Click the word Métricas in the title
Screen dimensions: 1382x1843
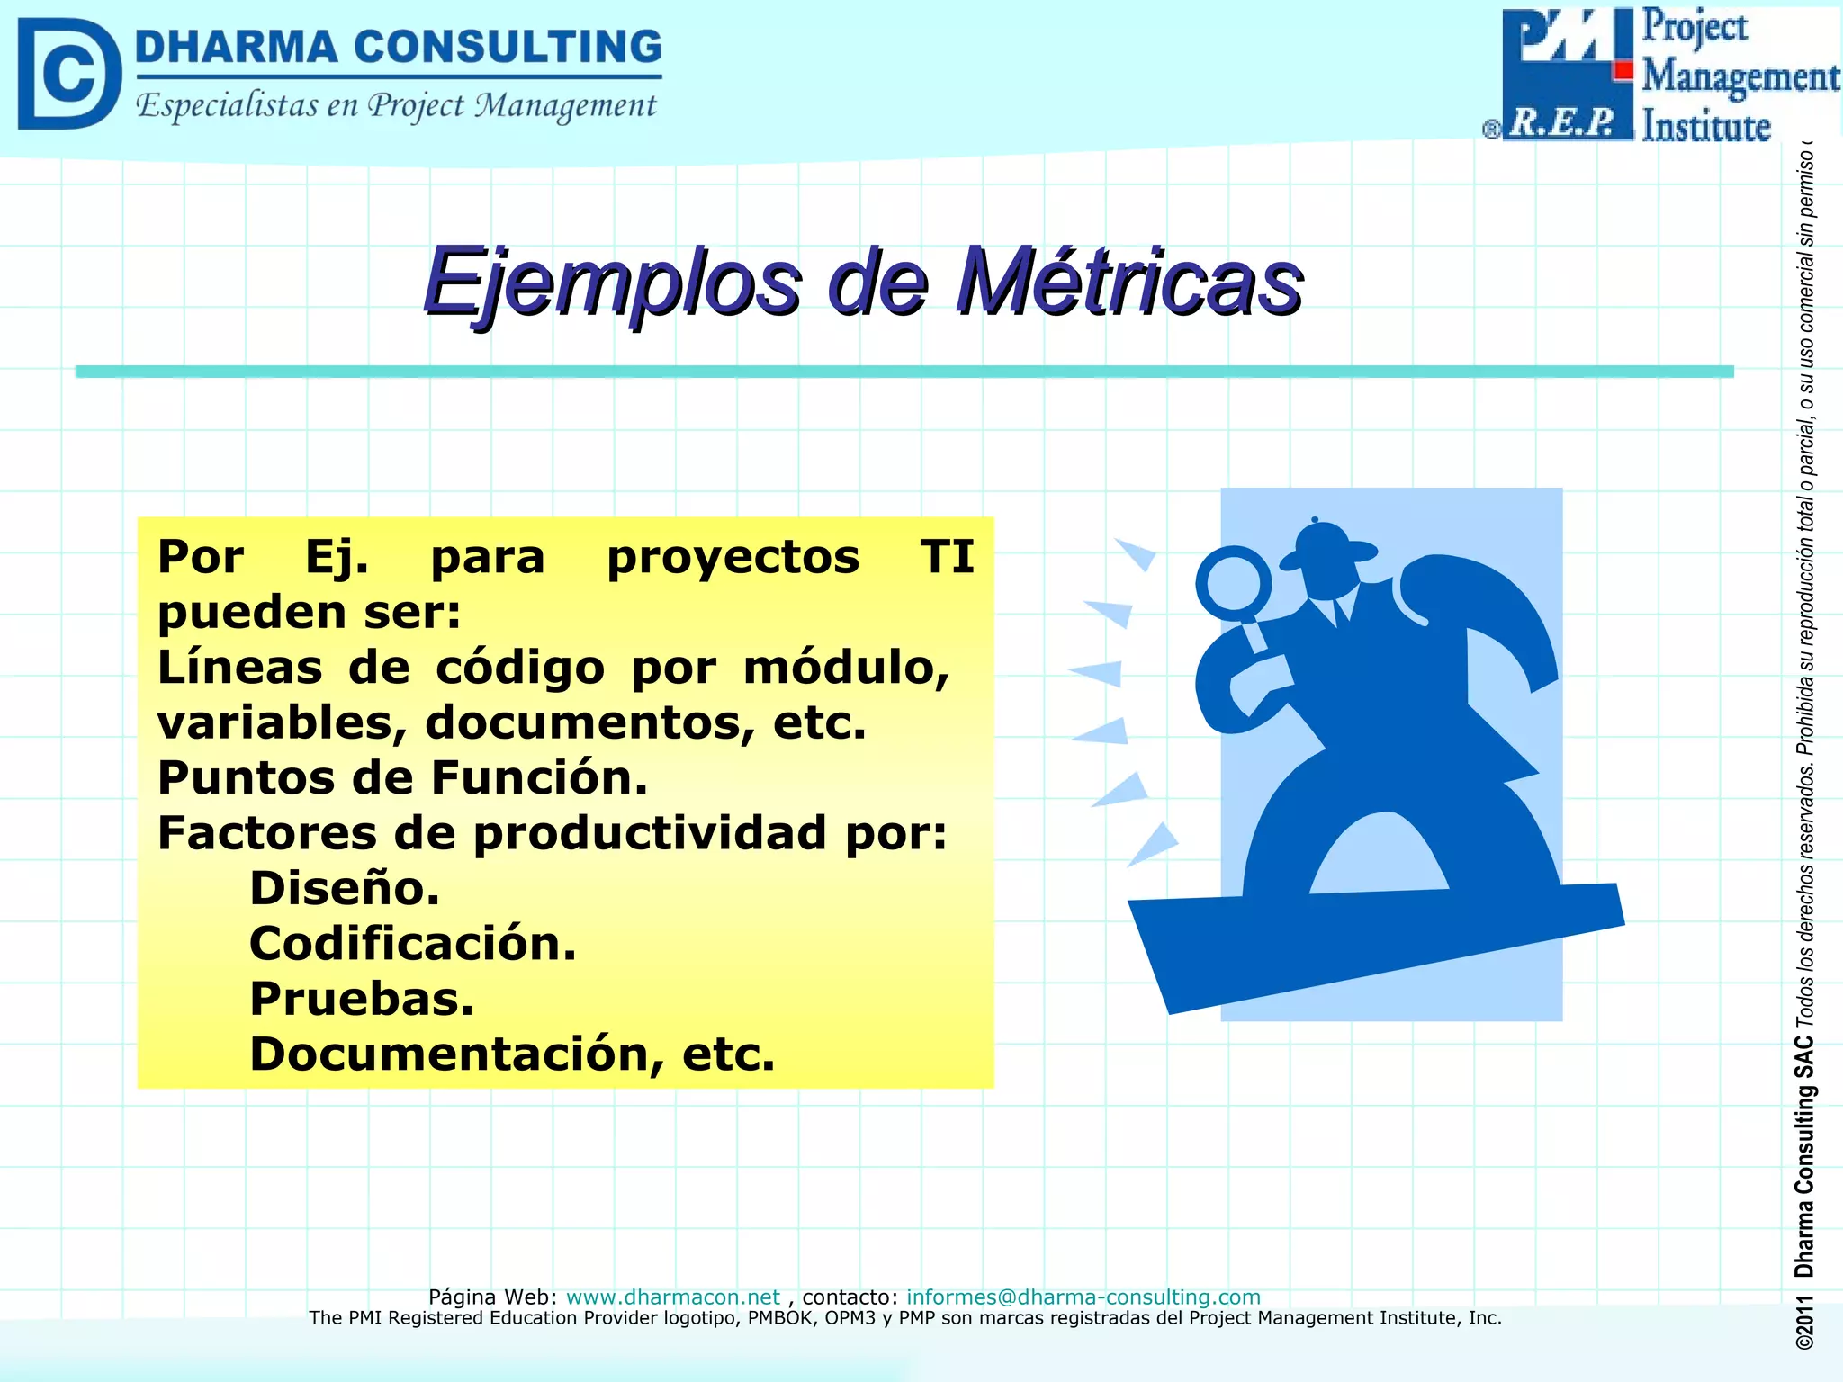[x=1129, y=283]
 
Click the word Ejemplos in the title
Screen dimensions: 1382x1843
[x=612, y=283]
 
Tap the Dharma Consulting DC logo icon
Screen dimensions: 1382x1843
[x=68, y=74]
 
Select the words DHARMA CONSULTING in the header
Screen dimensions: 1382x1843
[x=398, y=47]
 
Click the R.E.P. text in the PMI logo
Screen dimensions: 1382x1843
[x=1562, y=122]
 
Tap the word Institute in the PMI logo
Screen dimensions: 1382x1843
[x=1706, y=126]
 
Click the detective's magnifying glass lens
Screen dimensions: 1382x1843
[x=1233, y=582]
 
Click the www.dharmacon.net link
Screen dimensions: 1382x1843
[x=672, y=1297]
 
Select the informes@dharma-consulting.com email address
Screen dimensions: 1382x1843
[x=1083, y=1297]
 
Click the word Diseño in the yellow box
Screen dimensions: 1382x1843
[x=344, y=888]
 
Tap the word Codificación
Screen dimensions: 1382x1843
[x=412, y=944]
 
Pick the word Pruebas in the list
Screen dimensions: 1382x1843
[x=361, y=999]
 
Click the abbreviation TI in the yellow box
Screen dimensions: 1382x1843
[x=947, y=557]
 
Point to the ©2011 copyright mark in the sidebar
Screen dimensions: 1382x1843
[x=1803, y=1322]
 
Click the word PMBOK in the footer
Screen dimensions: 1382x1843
[x=782, y=1318]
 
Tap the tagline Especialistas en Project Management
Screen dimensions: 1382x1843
[x=396, y=106]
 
